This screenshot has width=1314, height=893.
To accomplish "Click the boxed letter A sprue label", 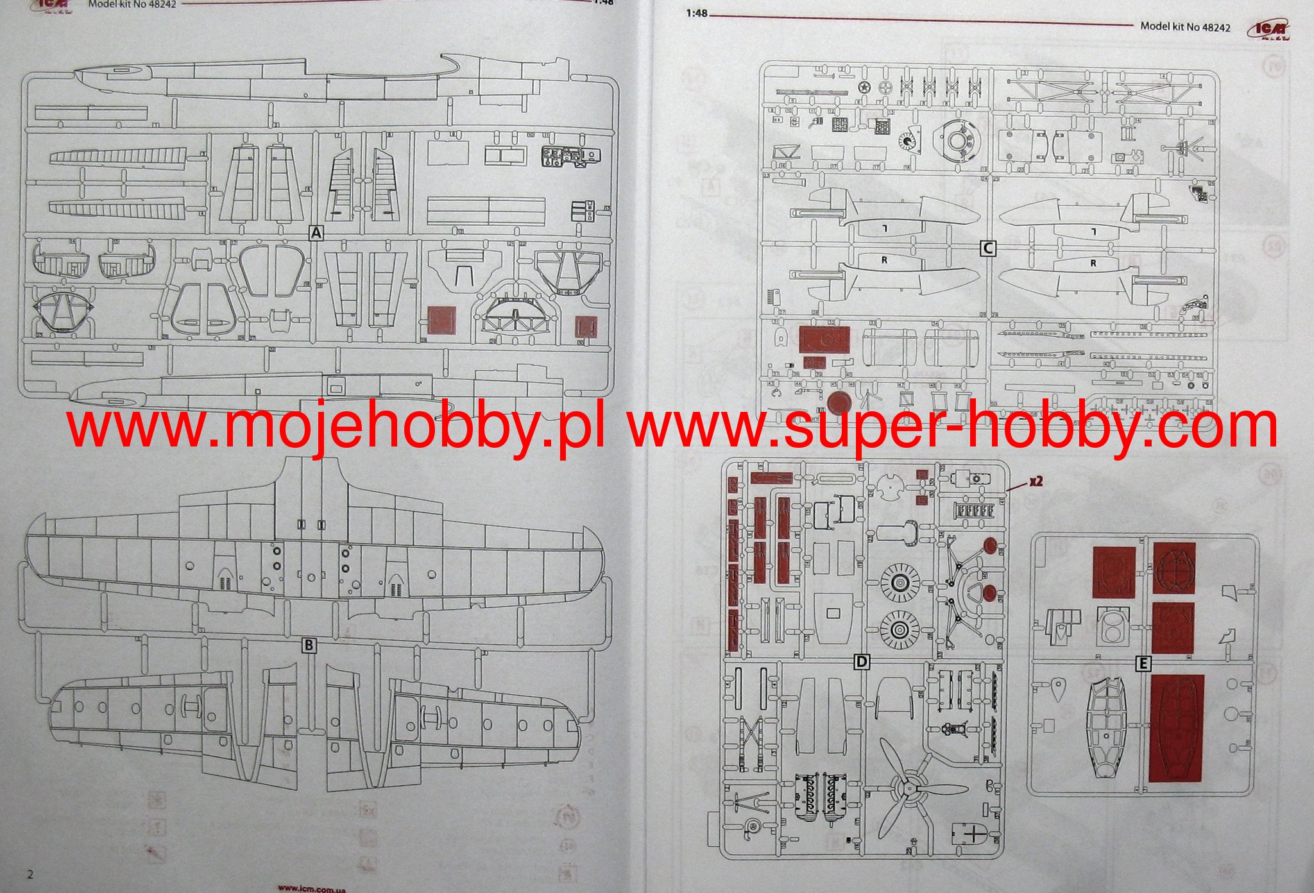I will tap(316, 233).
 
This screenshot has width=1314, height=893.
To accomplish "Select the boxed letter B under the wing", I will tap(309, 645).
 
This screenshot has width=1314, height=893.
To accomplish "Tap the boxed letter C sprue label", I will tap(988, 248).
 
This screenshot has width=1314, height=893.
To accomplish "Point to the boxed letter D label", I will tap(862, 661).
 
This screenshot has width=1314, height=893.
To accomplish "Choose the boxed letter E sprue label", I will tap(1143, 664).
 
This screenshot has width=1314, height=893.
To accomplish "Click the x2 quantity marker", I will tap(1035, 481).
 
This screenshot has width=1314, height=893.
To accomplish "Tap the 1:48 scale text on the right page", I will tap(696, 13).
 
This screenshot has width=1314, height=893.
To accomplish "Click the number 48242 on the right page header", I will tap(1216, 27).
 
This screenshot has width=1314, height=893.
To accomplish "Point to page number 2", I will tap(30, 874).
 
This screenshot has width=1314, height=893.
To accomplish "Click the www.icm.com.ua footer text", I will tap(312, 889).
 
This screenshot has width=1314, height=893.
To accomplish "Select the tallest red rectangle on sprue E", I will tap(1177, 727).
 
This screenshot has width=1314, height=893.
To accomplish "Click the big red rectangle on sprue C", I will tap(824, 339).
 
